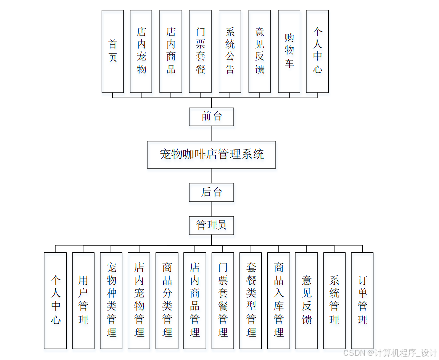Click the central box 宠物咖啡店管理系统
212,154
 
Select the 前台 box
212,117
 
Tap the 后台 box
212,192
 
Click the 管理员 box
212,225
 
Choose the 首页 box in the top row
112,51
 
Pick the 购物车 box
289,51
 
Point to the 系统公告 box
230,51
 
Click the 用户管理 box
83,300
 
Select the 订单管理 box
362,300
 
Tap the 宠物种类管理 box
111,300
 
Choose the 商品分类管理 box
167,300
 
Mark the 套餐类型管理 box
251,300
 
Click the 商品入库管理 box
279,300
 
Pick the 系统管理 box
334,300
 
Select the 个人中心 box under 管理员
55,300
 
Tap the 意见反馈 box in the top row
259,51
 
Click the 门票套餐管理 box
222,300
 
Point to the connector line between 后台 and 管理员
212,209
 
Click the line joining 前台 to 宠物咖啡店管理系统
212,133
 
